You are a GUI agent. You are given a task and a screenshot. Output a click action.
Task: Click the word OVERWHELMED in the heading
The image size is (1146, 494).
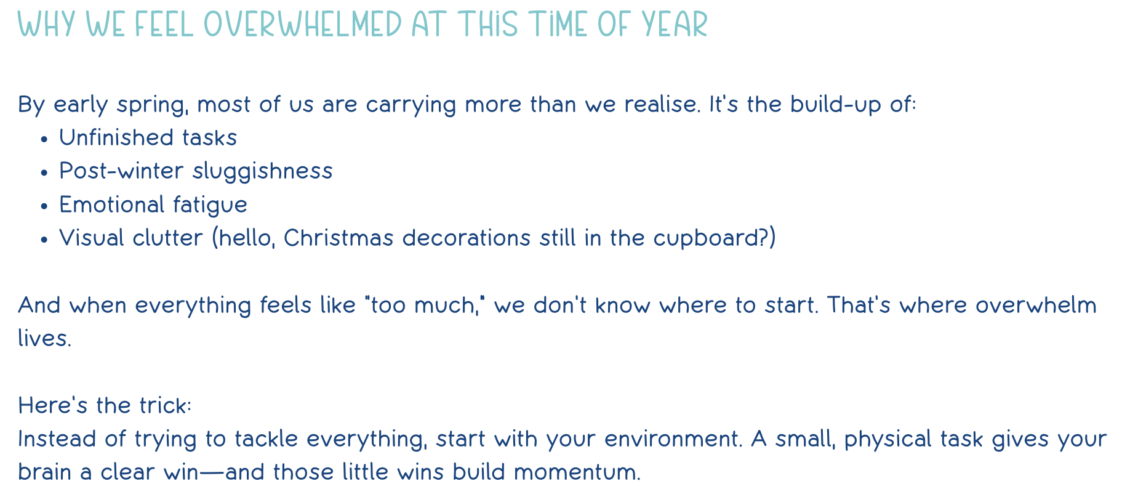pyautogui.click(x=302, y=25)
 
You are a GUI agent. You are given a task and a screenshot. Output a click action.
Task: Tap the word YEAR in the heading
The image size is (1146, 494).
pyautogui.click(x=675, y=25)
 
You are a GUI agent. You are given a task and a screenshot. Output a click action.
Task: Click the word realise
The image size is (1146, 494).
pyautogui.click(x=662, y=104)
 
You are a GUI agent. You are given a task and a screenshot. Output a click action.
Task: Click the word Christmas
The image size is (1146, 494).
pyautogui.click(x=339, y=238)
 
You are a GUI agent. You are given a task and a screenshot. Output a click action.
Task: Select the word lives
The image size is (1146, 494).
pyautogui.click(x=45, y=338)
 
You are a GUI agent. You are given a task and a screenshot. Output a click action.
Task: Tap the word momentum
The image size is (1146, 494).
pyautogui.click(x=577, y=472)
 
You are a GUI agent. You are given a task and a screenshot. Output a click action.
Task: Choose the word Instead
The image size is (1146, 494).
pyautogui.click(x=56, y=439)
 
